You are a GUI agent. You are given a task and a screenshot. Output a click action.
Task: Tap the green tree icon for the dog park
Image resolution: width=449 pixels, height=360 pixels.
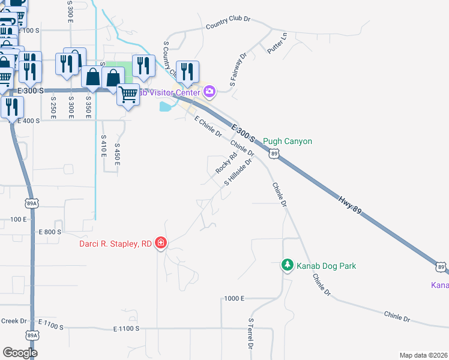tap(288, 265)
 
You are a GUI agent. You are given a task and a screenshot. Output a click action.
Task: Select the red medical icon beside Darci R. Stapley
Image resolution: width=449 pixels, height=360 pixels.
tap(161, 244)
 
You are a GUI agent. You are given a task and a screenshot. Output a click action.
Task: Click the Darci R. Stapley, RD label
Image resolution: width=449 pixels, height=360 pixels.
tap(116, 244)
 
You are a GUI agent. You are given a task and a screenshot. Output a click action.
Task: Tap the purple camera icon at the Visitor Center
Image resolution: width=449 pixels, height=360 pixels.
tap(209, 92)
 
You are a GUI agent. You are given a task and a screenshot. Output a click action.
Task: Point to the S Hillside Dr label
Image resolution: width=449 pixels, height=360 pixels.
tap(237, 172)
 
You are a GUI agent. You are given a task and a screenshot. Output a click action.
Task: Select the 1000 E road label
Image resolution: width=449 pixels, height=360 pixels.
tap(234, 298)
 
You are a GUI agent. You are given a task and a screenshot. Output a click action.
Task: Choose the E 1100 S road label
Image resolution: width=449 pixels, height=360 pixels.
tap(126, 329)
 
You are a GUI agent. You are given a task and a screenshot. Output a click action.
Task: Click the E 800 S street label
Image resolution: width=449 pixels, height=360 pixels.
tap(50, 232)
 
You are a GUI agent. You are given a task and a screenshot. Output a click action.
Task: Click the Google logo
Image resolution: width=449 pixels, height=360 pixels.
tap(20, 352)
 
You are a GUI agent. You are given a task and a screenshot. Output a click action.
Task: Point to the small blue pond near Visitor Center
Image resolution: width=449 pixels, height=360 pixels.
tap(164, 107)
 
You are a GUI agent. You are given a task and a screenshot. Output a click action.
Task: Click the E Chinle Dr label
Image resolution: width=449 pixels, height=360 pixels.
tap(208, 127)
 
